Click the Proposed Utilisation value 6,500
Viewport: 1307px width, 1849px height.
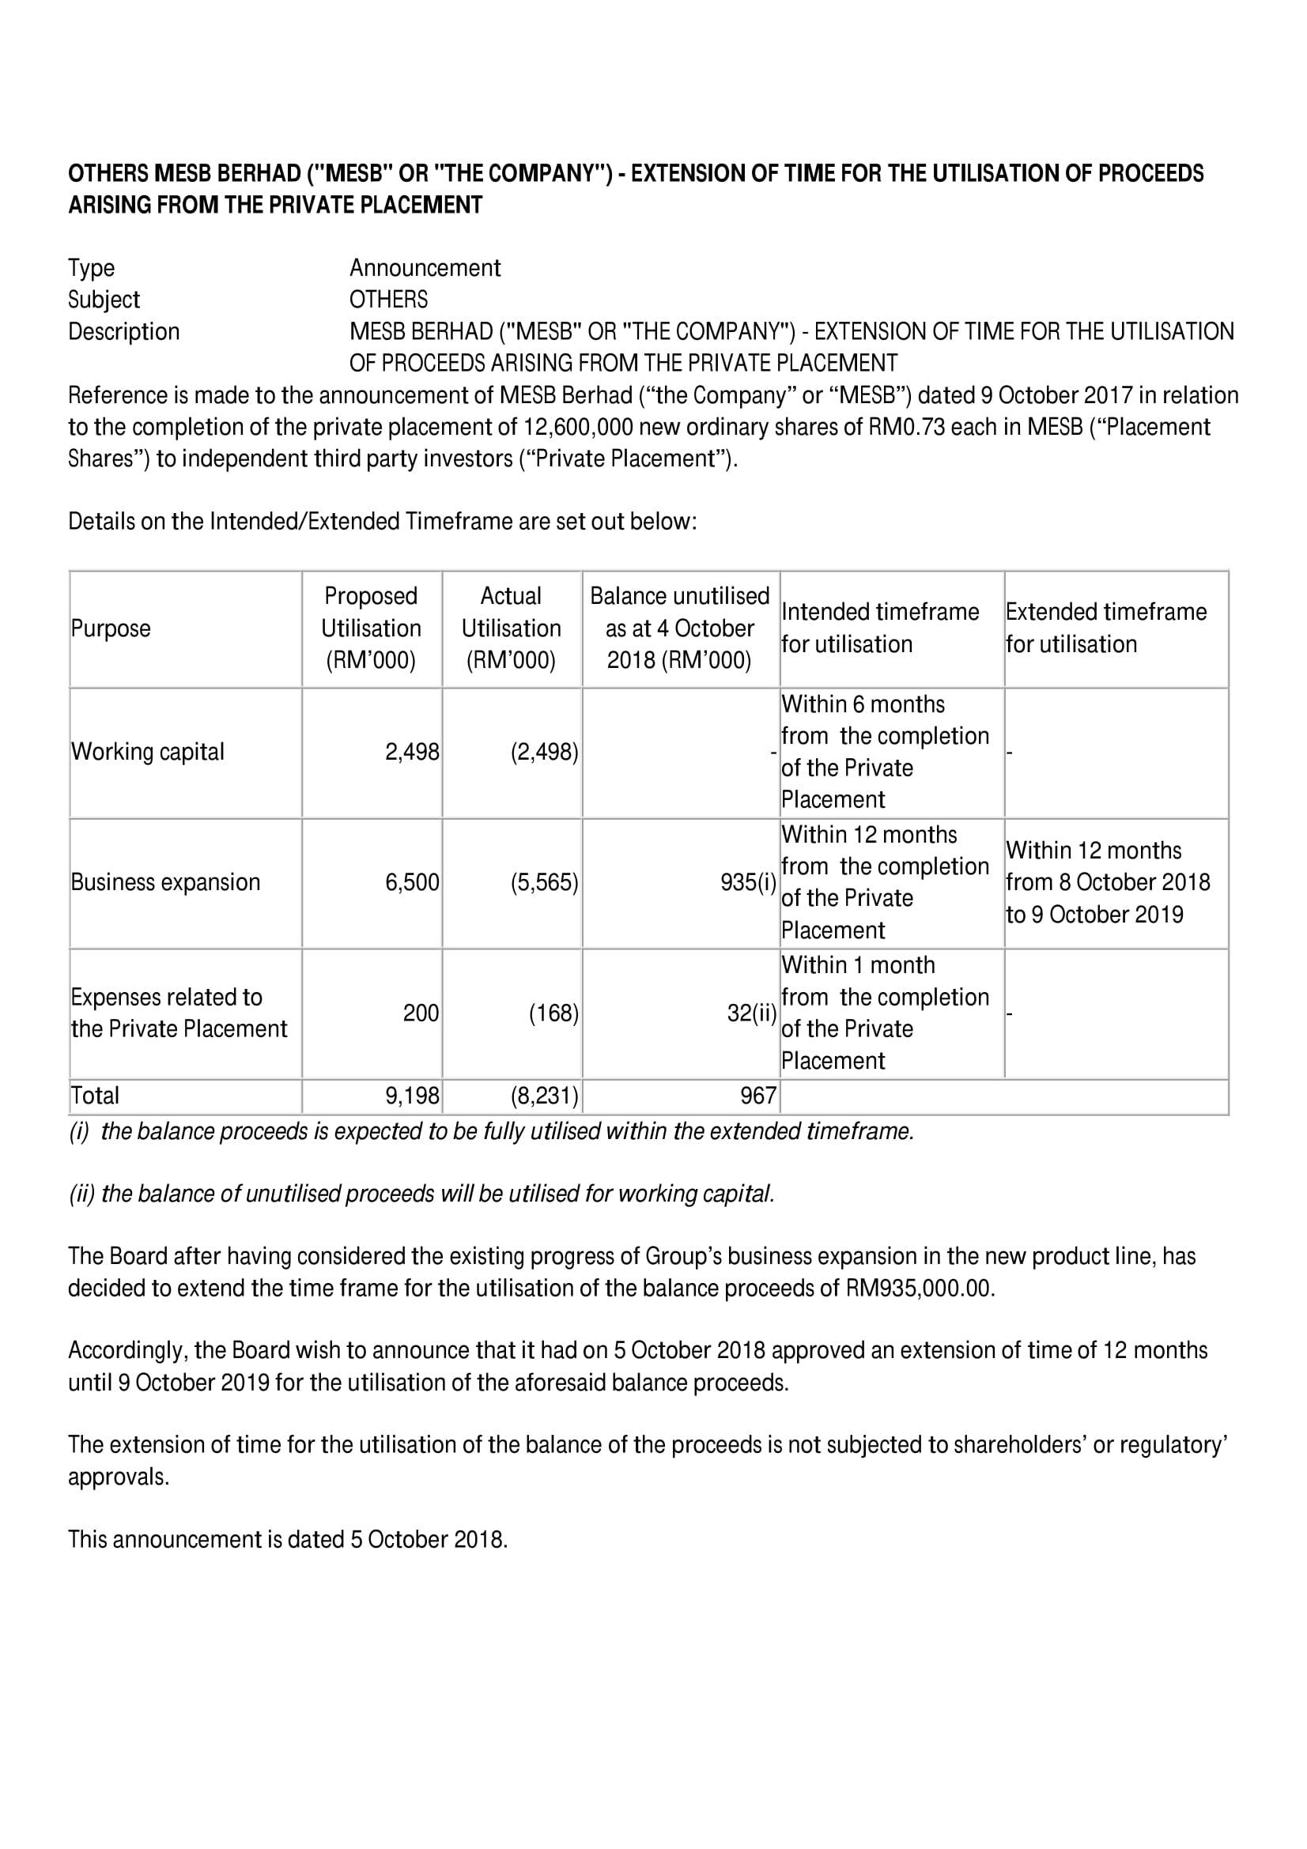[411, 883]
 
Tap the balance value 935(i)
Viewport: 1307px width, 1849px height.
[748, 883]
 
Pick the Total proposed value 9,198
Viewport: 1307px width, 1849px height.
[411, 1095]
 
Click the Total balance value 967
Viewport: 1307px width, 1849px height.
[757, 1095]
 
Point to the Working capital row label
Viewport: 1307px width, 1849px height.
[147, 752]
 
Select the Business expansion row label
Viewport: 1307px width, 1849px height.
[165, 883]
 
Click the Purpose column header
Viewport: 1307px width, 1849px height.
[111, 628]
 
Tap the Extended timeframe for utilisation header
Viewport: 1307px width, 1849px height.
[1105, 628]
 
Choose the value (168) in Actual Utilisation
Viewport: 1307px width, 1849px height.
[553, 1013]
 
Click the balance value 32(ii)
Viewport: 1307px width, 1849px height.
[751, 1013]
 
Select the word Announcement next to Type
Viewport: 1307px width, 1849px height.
[425, 268]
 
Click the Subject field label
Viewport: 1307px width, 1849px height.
[103, 300]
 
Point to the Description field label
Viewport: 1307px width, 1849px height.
[123, 332]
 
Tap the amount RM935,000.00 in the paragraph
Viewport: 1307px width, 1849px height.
[920, 1289]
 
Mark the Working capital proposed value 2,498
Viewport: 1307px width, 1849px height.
[411, 752]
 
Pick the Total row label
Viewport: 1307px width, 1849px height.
[95, 1095]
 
